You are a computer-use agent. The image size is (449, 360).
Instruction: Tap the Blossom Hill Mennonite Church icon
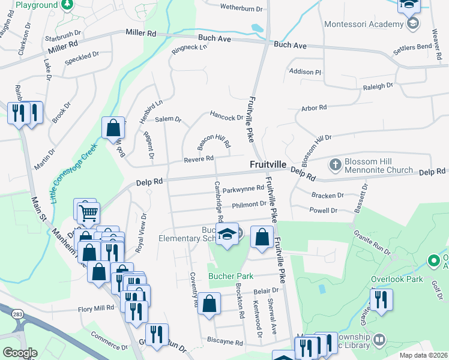click(x=335, y=164)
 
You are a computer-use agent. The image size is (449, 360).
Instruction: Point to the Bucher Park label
click(x=231, y=277)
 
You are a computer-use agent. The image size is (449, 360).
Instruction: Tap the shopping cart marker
click(x=89, y=212)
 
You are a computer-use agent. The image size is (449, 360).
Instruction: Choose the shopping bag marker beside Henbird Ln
click(x=113, y=128)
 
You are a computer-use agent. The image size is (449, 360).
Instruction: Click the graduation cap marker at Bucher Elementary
click(x=228, y=235)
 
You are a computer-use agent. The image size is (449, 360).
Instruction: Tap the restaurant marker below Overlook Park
click(x=381, y=300)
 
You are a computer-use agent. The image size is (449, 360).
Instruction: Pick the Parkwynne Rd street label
click(x=243, y=188)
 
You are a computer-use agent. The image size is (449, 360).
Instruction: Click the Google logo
click(x=20, y=353)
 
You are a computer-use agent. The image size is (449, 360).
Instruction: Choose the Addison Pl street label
click(x=305, y=72)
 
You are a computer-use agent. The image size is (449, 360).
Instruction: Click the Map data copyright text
click(x=423, y=355)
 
